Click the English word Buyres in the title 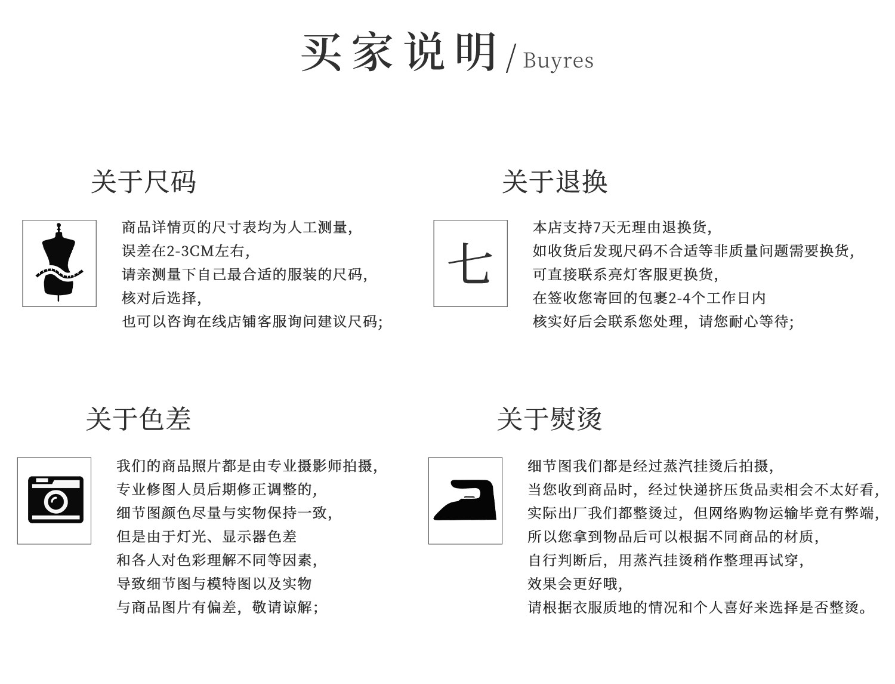pos(558,61)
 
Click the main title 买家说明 pos(399,53)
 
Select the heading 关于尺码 pos(143,182)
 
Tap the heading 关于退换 pos(554,182)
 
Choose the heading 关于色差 pos(138,418)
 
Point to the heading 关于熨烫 pos(549,418)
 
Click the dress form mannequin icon pos(59,263)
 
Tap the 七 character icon pos(470,263)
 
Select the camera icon pos(55,500)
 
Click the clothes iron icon pos(465,501)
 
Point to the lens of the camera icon pos(56,501)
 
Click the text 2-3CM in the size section pos(187,251)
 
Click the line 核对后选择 pos(161,298)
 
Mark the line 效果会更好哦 pos(575,584)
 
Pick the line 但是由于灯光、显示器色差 pos(206,536)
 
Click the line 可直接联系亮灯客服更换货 pos(625,274)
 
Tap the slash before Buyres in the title pos(511,60)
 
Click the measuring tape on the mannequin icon pos(59,273)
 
